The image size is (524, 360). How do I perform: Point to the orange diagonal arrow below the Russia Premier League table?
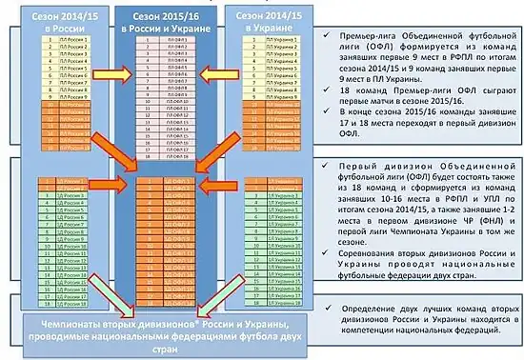pos(111,152)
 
